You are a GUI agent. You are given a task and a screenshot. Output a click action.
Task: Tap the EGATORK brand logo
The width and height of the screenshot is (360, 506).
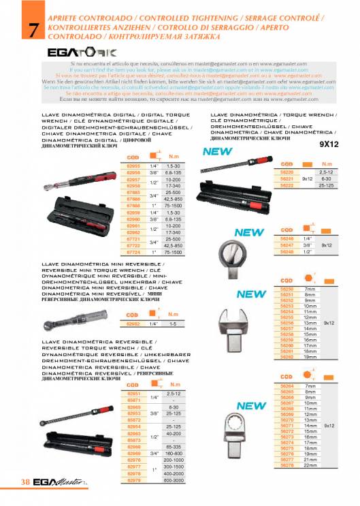click(x=71, y=52)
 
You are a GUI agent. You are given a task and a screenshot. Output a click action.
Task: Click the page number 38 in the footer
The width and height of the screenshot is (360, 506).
click(x=24, y=483)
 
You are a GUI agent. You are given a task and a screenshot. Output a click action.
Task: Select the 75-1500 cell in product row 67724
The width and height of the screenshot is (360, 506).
click(x=173, y=253)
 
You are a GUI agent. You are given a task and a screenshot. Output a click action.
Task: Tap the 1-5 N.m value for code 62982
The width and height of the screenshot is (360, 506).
click(x=173, y=324)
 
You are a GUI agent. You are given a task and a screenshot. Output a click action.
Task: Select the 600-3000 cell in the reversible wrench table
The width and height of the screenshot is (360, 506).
click(x=173, y=481)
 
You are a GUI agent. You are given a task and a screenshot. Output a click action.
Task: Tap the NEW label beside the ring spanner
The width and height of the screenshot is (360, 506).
click(x=250, y=406)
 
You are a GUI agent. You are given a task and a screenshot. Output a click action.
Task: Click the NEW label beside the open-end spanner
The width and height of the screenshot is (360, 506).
click(x=250, y=294)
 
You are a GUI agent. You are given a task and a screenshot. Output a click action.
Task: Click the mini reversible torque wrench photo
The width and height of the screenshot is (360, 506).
click(x=81, y=318)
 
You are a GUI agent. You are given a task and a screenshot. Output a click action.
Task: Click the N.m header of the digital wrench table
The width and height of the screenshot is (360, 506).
click(x=173, y=157)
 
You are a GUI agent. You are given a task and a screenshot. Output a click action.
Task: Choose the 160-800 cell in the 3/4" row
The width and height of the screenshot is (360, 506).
click(x=173, y=453)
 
